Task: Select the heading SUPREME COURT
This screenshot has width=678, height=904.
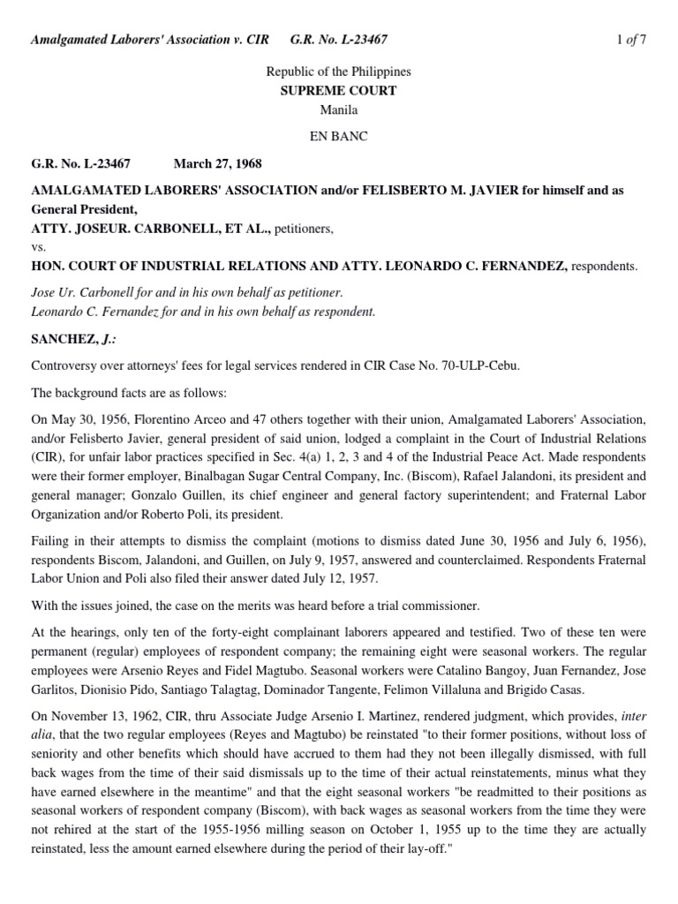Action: click(x=338, y=91)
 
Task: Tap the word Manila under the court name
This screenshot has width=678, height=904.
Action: click(x=338, y=109)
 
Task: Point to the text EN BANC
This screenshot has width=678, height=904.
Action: click(x=338, y=137)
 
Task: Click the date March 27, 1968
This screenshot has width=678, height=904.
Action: click(x=217, y=163)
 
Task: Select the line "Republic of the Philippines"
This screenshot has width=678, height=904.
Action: click(x=338, y=72)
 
